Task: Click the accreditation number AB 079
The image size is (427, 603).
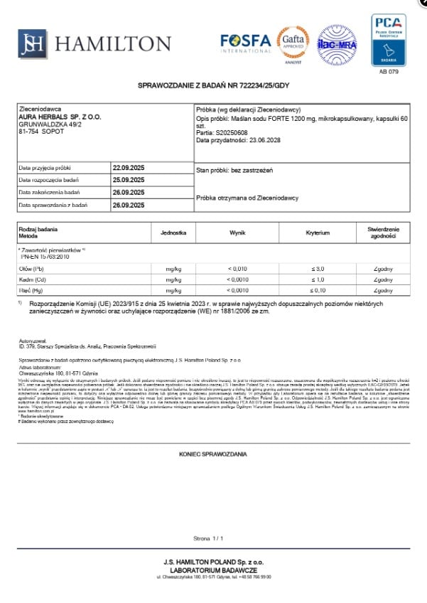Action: [389, 72]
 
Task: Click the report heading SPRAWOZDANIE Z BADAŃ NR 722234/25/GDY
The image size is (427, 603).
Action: [213, 85]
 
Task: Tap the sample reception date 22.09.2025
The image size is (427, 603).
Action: [128, 168]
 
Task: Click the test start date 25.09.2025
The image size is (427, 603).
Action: [128, 180]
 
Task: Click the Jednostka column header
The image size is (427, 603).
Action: [173, 233]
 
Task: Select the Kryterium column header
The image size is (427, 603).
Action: [318, 233]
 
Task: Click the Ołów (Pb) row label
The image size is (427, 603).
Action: [31, 269]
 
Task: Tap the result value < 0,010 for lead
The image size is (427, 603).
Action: [237, 269]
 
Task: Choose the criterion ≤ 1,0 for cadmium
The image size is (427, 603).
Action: [318, 279]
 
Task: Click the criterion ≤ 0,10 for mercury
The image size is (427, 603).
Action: [318, 290]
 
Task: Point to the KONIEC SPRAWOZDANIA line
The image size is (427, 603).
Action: [213, 454]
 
